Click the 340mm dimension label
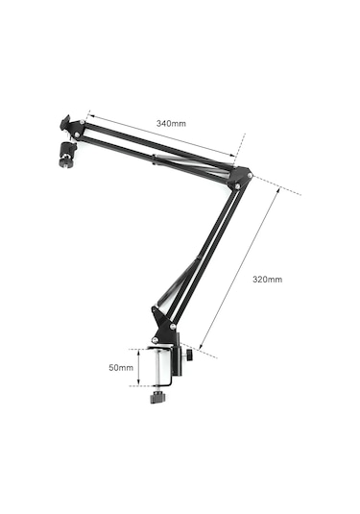point(171,123)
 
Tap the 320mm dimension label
point(267,280)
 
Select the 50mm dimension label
point(121,367)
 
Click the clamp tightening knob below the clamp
point(157,398)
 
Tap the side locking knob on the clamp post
point(189,355)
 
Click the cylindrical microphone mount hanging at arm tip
point(65,154)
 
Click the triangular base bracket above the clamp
point(163,326)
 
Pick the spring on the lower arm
point(179,281)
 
